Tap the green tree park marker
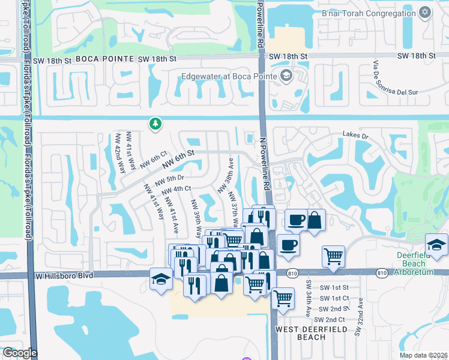coord(155,124)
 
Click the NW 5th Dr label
coord(169,179)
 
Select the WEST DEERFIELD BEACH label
coord(300,333)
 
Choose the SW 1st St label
coord(334,288)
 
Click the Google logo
coord(20,353)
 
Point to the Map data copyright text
coord(424,355)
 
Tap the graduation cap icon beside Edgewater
coord(286,76)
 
